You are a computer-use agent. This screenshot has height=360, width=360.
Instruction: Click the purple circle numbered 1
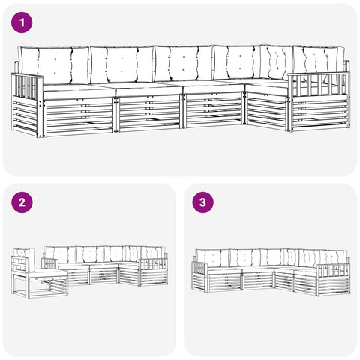tap(22, 22)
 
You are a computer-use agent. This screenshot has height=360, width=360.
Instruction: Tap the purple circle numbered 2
tap(22, 202)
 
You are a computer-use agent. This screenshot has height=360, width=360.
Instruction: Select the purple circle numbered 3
tap(202, 202)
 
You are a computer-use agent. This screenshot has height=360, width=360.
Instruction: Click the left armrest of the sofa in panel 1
tap(27, 85)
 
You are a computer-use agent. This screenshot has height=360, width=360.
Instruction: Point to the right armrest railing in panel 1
tap(319, 85)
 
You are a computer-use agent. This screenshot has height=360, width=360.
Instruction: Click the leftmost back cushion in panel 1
tap(55, 65)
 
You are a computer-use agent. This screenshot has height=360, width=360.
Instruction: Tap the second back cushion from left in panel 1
tap(121, 64)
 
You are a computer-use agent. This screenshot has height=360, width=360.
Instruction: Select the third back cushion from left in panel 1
tap(184, 63)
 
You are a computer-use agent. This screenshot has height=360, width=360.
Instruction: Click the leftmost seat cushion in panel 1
tap(79, 92)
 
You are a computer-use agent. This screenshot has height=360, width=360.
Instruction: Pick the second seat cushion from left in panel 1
tap(149, 90)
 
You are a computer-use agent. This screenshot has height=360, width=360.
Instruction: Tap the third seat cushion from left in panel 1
tap(214, 88)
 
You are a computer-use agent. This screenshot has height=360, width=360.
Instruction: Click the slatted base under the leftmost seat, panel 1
tap(79, 116)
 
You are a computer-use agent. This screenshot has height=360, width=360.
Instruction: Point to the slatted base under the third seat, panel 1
tap(213, 109)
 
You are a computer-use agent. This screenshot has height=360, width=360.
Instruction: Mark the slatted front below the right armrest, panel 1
tap(320, 114)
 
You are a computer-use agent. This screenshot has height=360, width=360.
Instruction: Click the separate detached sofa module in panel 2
tap(40, 273)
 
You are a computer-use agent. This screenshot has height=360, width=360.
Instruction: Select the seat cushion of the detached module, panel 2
tap(47, 273)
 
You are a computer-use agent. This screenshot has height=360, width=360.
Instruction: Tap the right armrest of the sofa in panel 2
tap(153, 265)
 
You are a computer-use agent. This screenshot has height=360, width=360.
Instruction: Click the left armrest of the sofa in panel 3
tap(199, 268)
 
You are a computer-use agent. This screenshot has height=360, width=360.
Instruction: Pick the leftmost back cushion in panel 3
tap(212, 258)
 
